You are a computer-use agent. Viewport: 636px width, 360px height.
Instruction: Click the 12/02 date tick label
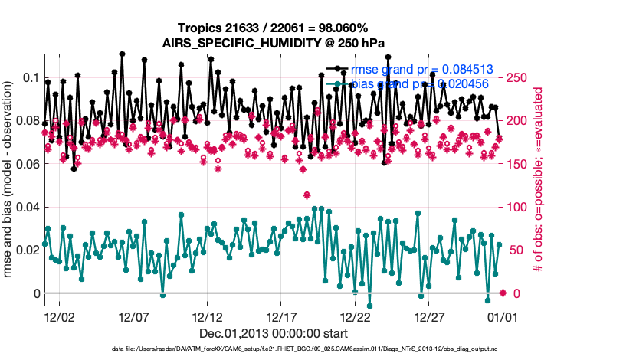click(59, 316)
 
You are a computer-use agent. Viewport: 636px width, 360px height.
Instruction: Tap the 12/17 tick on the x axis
click(281, 316)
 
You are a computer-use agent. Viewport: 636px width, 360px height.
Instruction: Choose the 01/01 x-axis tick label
click(503, 316)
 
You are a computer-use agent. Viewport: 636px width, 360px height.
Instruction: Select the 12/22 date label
click(355, 316)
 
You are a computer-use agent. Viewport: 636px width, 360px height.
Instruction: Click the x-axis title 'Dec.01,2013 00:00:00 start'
click(274, 333)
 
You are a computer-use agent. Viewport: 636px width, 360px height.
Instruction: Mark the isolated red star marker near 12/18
click(307, 195)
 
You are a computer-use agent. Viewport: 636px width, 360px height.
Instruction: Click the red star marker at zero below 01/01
click(503, 293)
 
